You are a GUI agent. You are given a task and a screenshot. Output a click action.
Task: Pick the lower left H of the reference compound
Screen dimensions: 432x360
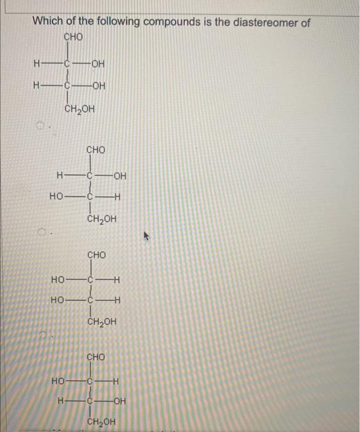pos(38,86)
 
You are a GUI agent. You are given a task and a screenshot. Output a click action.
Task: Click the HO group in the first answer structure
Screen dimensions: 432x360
pos(57,198)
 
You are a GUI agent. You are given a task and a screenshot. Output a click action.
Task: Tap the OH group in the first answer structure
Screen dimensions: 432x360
pos(120,176)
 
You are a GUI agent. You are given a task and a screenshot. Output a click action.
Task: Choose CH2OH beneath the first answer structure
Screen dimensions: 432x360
pos(101,220)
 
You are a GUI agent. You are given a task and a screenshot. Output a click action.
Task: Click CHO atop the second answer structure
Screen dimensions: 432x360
pos(96,255)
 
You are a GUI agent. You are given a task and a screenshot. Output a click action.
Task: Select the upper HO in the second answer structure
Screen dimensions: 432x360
pos(59,280)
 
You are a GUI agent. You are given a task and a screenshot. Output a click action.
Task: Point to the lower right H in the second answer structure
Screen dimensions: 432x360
pos(118,301)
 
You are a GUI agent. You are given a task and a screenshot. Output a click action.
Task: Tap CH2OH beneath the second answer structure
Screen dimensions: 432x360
pos(101,323)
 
